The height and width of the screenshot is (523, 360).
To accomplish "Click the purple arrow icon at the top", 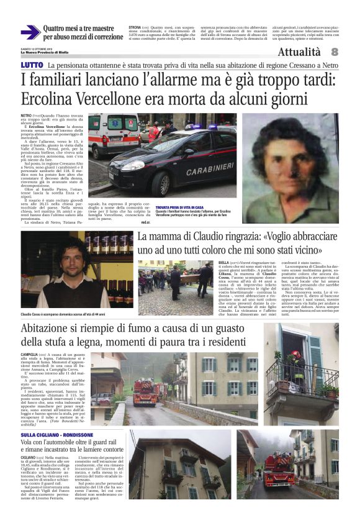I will coord(30,32).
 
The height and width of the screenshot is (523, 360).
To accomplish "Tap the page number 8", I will coord(334,52).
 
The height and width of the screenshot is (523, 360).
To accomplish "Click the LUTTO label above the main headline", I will coord(32,65).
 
